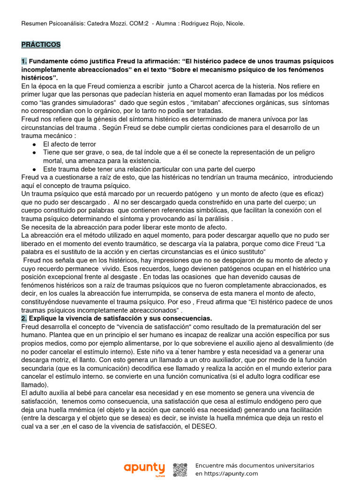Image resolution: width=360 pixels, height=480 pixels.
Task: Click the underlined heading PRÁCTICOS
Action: (41, 45)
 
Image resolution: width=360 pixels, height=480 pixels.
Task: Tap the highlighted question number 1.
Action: (24, 61)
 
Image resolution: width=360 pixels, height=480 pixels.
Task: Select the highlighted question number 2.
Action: (24, 318)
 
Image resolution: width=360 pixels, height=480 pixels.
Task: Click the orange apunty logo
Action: (144, 468)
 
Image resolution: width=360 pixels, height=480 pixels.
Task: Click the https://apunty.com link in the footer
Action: (230, 474)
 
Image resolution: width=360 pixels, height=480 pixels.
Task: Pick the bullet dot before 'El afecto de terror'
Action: (35, 144)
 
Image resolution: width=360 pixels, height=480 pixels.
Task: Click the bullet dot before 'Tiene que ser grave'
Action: (35, 153)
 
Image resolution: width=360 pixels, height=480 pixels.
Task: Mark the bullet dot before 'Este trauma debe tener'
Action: (35, 169)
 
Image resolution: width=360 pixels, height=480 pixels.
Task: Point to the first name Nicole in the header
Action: (234, 23)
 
